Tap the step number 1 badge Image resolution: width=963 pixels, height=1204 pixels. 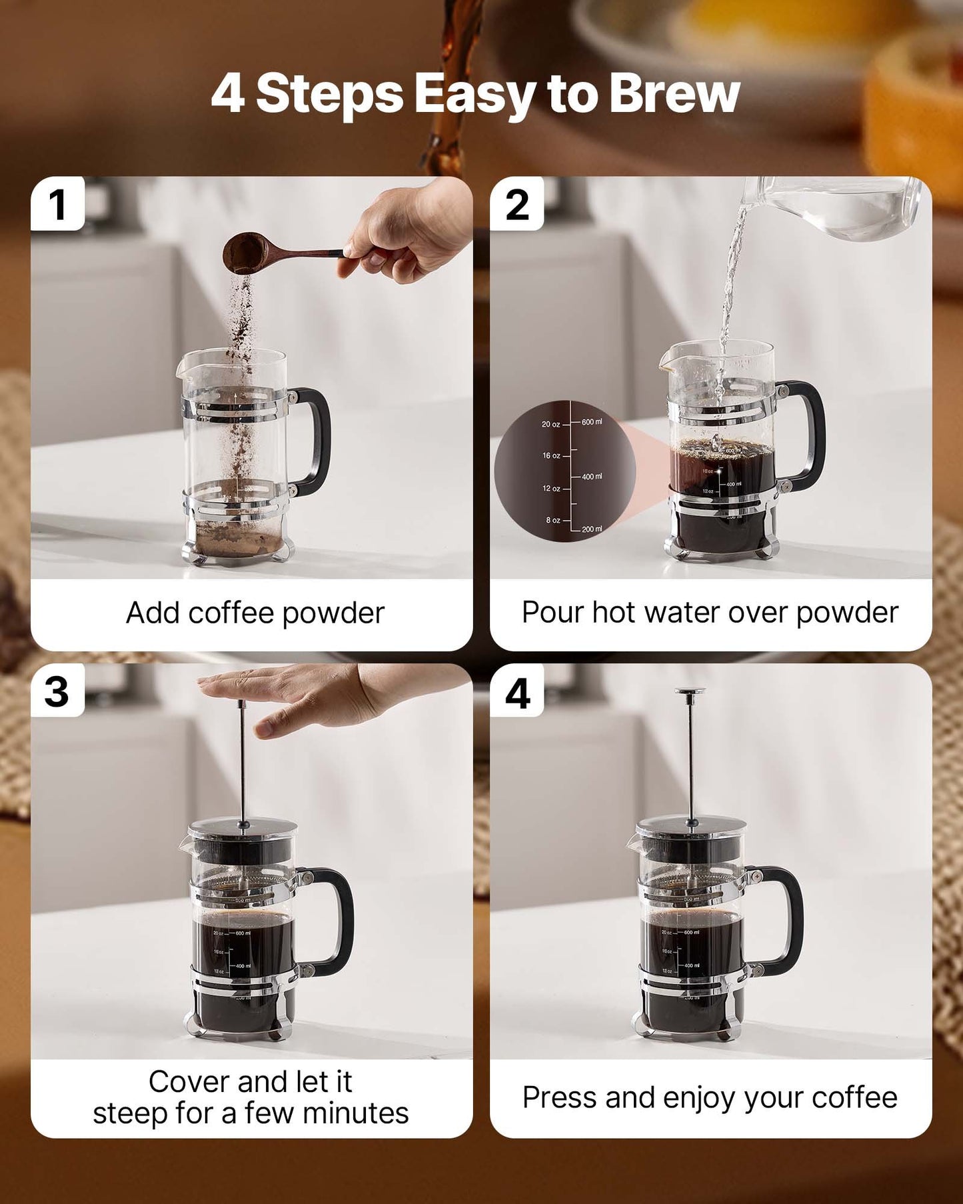tap(57, 204)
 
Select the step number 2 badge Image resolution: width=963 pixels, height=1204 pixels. tap(517, 204)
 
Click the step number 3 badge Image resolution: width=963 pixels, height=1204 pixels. tap(57, 691)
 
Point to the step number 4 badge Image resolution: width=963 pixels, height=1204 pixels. tap(517, 693)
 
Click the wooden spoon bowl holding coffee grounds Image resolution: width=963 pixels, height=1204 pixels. tap(245, 251)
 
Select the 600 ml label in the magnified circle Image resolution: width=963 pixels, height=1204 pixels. tap(591, 422)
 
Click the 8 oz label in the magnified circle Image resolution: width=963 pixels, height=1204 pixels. tap(552, 520)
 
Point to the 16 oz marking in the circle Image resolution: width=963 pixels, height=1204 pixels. tap(551, 456)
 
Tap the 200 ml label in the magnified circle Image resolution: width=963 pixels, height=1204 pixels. tap(591, 529)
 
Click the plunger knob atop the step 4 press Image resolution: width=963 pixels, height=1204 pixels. tap(690, 692)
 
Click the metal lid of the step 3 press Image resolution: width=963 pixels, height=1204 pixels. tap(243, 829)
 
